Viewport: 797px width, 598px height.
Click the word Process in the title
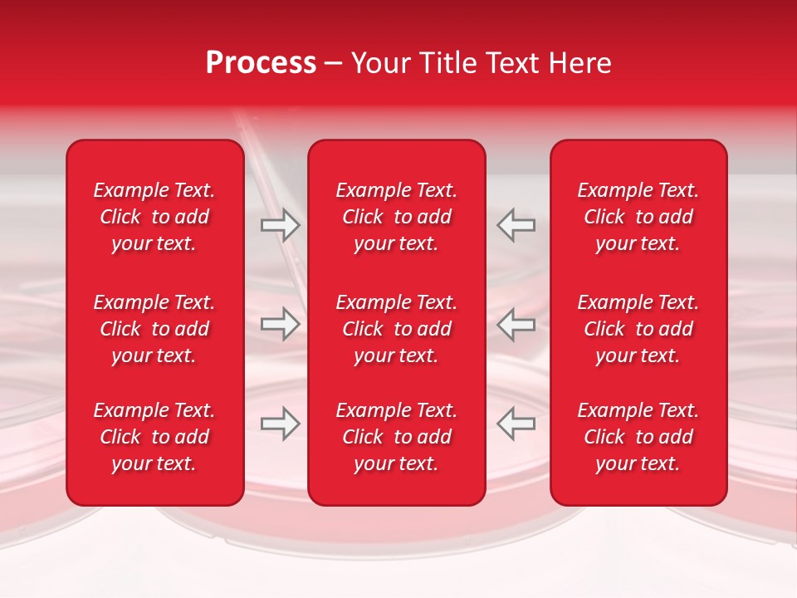click(261, 63)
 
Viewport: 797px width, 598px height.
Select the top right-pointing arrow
click(281, 225)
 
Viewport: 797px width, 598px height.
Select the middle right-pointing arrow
click(281, 324)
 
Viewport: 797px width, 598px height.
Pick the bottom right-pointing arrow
click(281, 424)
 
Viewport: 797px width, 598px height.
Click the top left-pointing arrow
click(516, 225)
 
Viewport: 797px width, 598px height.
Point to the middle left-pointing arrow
click(516, 324)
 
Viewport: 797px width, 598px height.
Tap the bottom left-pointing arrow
click(516, 424)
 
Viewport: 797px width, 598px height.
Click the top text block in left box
click(154, 217)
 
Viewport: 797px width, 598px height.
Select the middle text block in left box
click(154, 329)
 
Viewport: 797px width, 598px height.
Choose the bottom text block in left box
click(154, 437)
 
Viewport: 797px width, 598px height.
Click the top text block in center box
click(397, 217)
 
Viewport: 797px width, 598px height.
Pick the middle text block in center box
click(397, 329)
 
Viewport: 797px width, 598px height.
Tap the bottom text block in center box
click(397, 437)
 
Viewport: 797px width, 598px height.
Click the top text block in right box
click(638, 217)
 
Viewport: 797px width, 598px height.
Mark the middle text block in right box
click(638, 329)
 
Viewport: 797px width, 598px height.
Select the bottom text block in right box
click(638, 437)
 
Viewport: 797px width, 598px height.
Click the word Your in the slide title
click(378, 63)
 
